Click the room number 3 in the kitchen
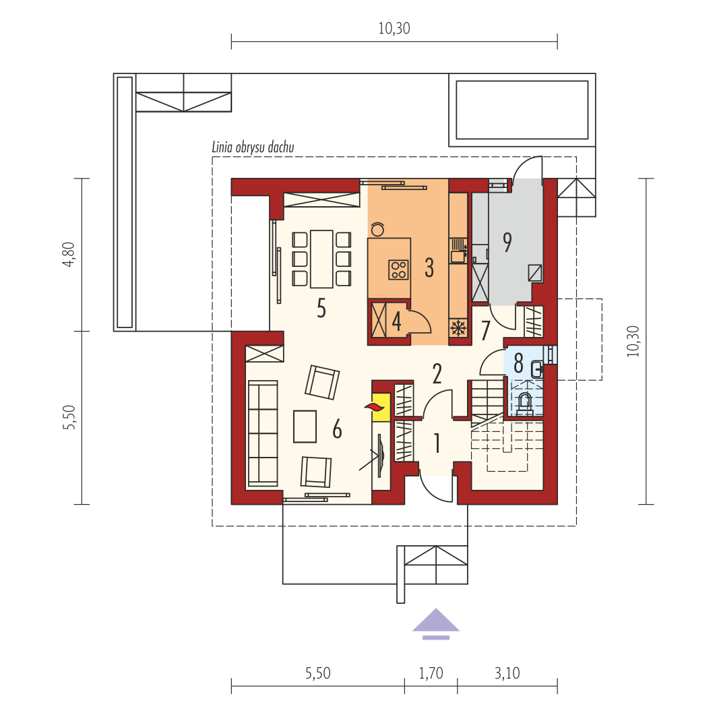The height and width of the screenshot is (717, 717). (429, 268)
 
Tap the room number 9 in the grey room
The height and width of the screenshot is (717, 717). (507, 243)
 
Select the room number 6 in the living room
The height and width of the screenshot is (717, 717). (337, 429)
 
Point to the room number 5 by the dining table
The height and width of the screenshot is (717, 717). (321, 308)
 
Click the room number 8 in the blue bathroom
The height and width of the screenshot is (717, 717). (518, 363)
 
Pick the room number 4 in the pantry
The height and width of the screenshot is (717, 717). (396, 321)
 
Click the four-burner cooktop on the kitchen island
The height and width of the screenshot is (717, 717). (398, 270)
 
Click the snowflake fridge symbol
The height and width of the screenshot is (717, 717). (458, 328)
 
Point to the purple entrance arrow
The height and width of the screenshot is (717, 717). (436, 624)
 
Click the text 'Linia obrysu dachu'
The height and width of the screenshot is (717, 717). (253, 147)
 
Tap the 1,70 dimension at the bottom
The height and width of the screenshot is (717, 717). (431, 673)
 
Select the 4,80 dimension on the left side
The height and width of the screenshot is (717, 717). (69, 254)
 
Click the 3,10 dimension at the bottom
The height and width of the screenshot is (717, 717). (507, 673)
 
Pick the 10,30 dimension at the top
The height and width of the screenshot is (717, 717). (394, 28)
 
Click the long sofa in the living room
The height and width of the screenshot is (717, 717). (263, 433)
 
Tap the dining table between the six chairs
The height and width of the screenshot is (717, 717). (321, 259)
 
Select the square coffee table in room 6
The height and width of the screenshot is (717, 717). (305, 427)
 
